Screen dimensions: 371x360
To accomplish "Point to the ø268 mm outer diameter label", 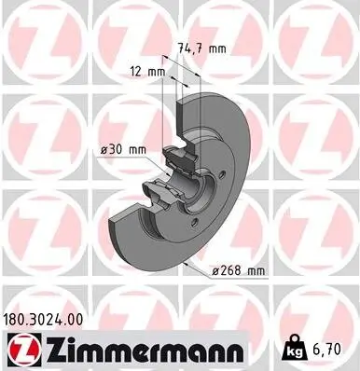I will tap(239, 270).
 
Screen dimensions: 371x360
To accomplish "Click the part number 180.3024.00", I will tap(48, 320).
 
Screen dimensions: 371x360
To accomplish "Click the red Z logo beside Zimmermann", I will tap(18, 350).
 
